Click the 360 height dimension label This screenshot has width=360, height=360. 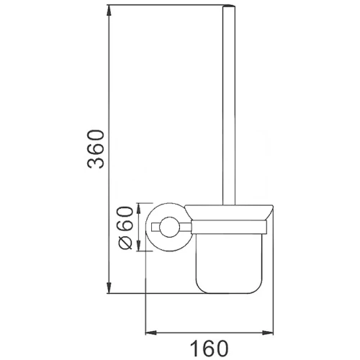point(96,149)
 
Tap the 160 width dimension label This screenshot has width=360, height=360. point(210,348)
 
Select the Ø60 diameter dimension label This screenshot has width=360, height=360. point(125,228)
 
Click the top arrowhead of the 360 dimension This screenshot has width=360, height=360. point(109,10)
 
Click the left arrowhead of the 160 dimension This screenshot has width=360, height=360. point(151,333)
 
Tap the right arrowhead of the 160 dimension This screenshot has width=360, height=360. point(268,333)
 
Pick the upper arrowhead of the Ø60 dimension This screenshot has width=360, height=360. point(139,208)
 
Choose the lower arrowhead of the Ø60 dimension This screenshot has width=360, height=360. point(139,246)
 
